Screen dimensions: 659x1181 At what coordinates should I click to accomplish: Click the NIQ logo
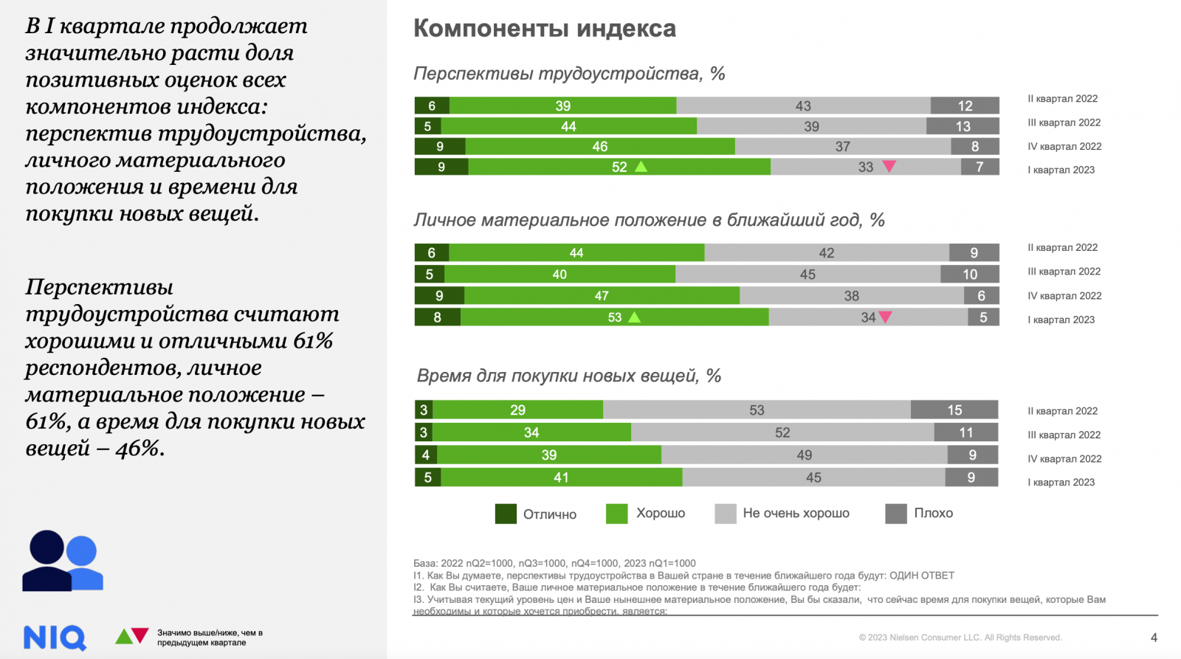(55, 638)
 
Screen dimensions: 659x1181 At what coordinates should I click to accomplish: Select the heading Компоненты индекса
(544, 28)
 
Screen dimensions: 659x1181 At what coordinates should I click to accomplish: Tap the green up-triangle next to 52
(641, 167)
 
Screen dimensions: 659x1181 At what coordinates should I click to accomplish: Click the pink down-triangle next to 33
(889, 167)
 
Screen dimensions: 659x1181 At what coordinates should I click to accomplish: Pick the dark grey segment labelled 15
(954, 410)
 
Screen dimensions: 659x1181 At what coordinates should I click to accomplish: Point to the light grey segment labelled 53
(757, 410)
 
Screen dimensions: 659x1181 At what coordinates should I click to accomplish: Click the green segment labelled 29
(517, 410)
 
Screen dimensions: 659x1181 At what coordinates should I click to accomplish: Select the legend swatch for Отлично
(506, 514)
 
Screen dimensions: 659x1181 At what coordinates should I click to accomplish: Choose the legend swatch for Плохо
(895, 514)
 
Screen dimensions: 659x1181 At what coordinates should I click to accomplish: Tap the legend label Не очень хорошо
(796, 513)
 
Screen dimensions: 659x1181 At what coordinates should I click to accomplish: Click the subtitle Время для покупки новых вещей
(568, 376)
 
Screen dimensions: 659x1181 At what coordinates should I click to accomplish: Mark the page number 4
(1154, 638)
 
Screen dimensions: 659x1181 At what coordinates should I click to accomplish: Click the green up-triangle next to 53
(634, 317)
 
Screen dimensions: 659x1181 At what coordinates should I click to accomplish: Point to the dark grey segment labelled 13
(963, 126)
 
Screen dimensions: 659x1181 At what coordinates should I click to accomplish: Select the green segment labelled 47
(602, 295)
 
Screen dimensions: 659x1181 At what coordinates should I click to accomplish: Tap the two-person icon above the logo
(63, 561)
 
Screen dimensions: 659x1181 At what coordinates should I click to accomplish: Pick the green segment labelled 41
(561, 477)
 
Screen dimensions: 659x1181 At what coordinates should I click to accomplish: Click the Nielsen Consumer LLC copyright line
(960, 638)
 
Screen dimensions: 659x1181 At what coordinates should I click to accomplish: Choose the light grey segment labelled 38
(851, 295)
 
